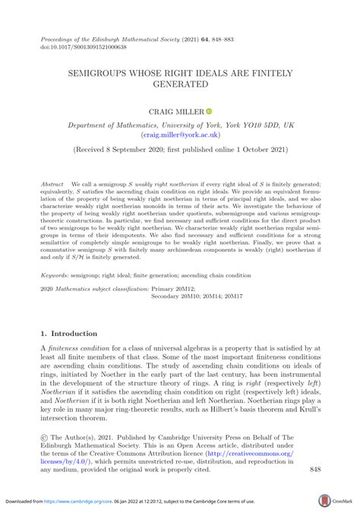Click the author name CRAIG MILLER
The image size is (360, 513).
tap(176, 112)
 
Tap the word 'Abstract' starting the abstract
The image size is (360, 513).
tap(52, 185)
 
